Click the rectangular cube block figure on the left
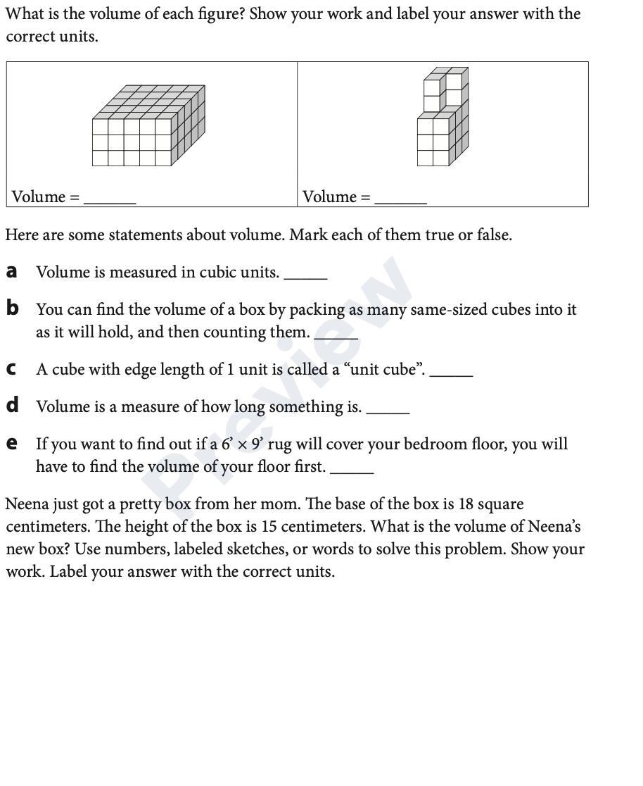[x=148, y=126]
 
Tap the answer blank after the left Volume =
[x=110, y=200]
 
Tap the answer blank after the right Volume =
[x=401, y=200]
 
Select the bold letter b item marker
[x=12, y=308]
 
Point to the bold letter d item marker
[x=12, y=406]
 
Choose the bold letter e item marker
[x=11, y=444]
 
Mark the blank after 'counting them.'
[x=336, y=337]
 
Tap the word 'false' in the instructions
[x=492, y=235]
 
